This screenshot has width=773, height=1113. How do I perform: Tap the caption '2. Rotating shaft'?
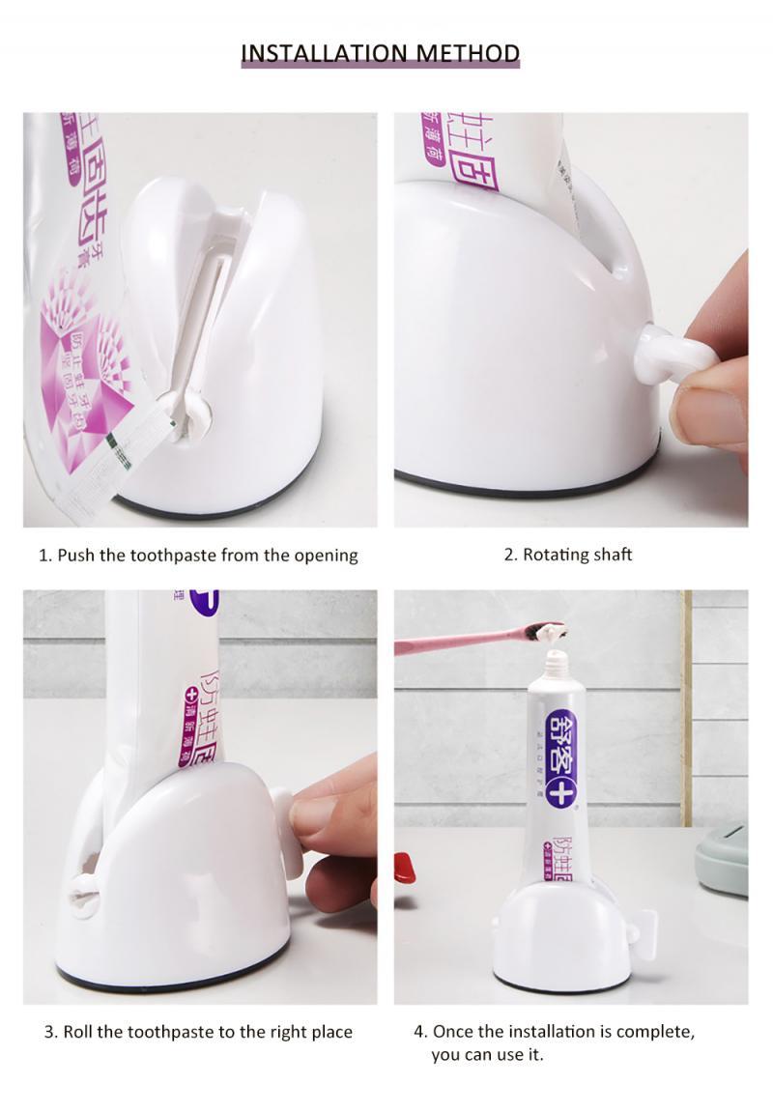[x=568, y=555]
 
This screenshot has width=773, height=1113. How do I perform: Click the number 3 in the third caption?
[x=49, y=1032]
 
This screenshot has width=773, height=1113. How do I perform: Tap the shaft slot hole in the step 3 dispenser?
[x=83, y=895]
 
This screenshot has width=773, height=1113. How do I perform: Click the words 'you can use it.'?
[x=487, y=1054]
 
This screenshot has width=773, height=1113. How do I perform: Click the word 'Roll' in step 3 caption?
[x=78, y=1032]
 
